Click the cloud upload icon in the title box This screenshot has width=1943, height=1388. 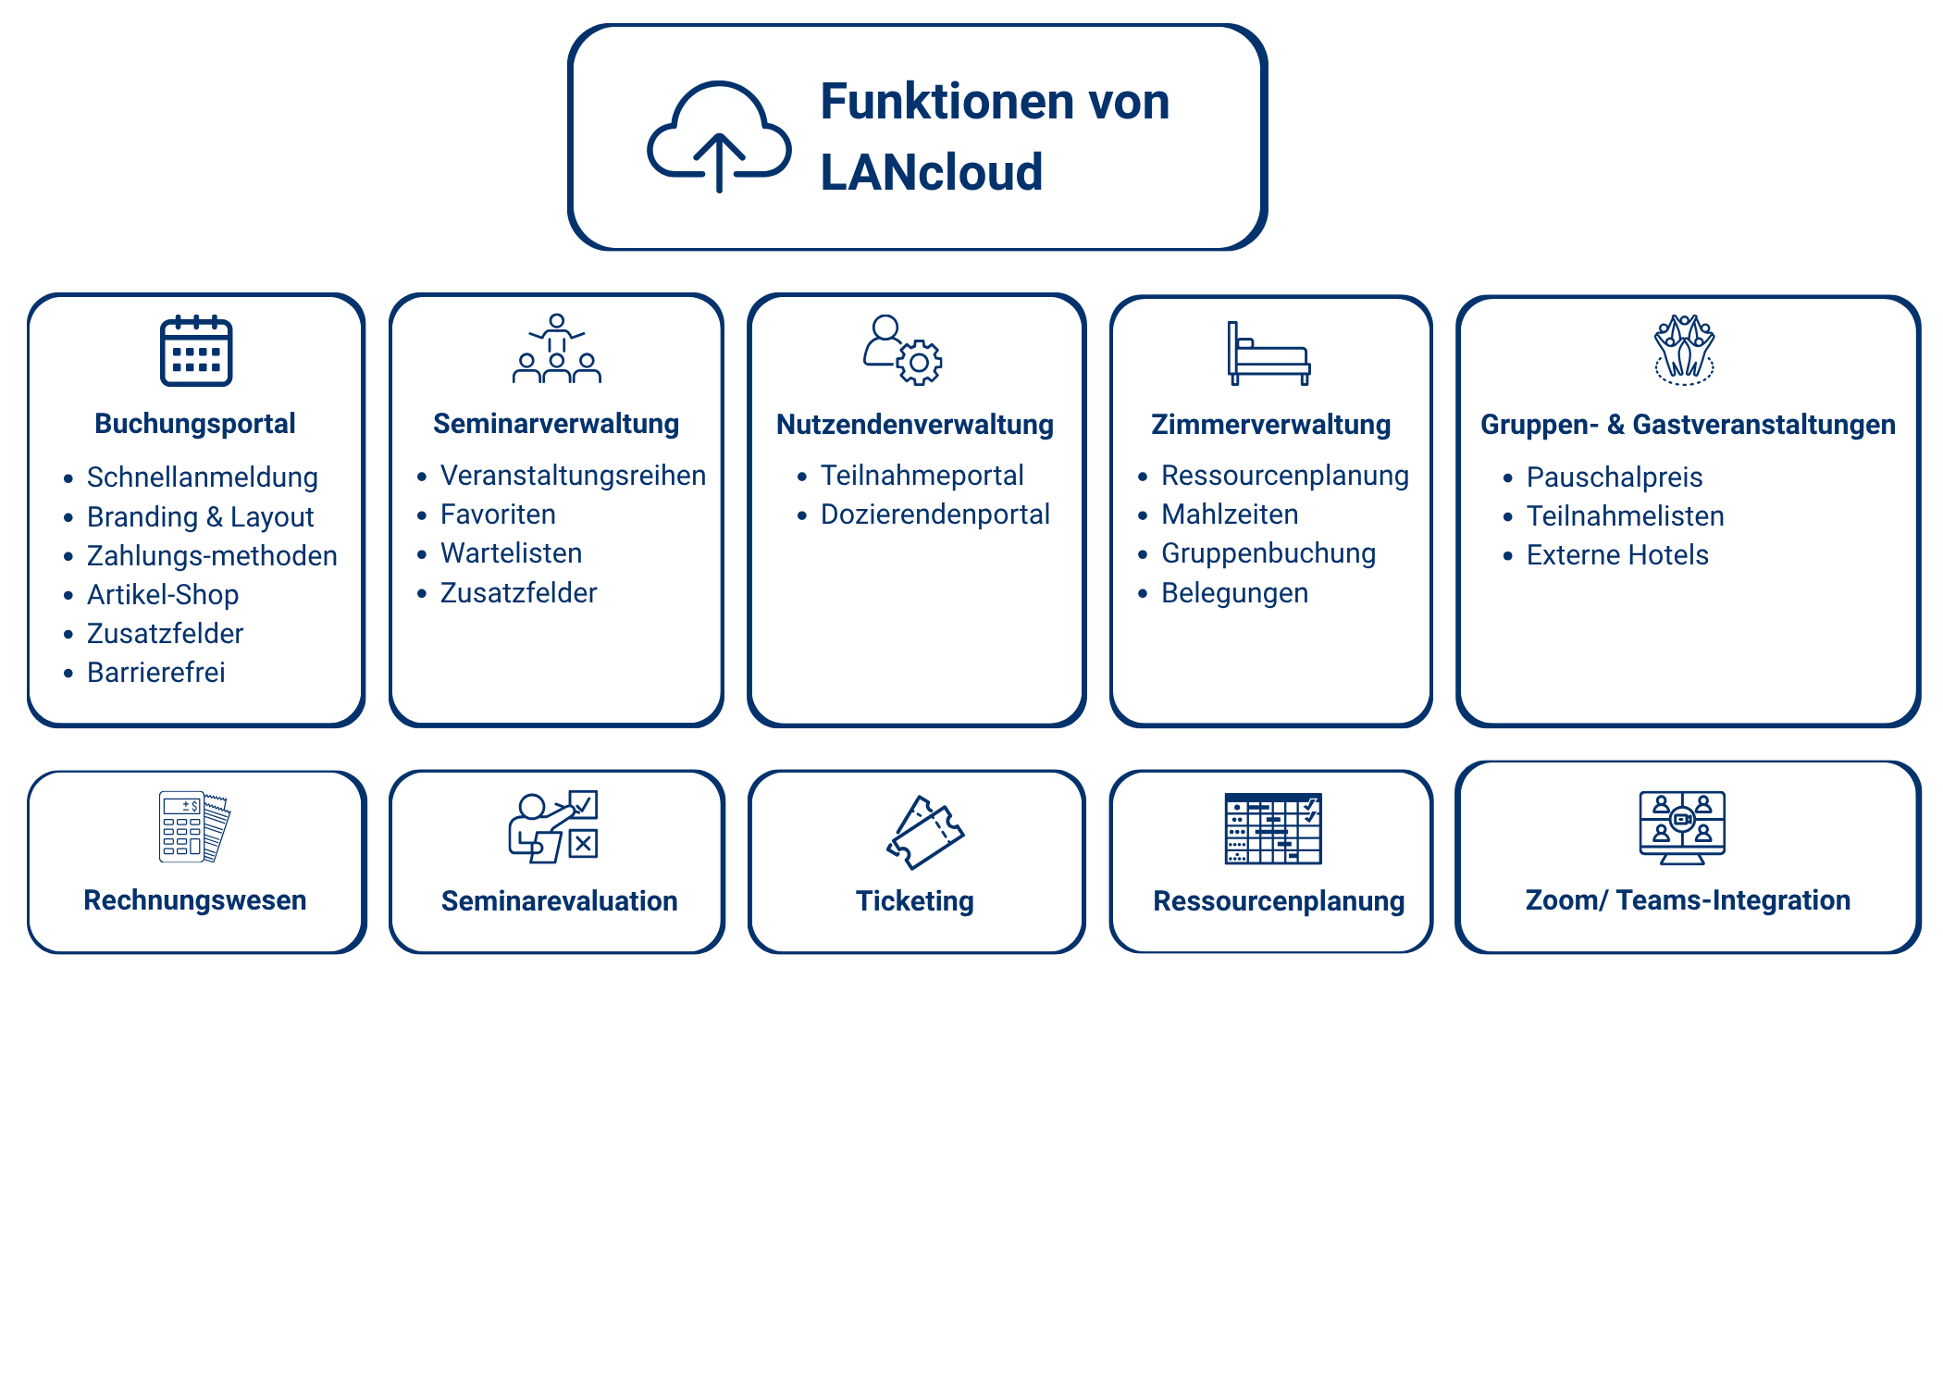pyautogui.click(x=719, y=137)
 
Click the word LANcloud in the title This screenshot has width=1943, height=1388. pyautogui.click(x=931, y=173)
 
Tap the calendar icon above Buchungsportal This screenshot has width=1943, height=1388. pyautogui.click(x=196, y=351)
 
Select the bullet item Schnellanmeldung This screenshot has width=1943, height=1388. pyautogui.click(x=202, y=477)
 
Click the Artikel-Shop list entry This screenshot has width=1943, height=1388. pyautogui.click(x=163, y=595)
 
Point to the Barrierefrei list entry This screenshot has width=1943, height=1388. pyautogui.click(x=155, y=673)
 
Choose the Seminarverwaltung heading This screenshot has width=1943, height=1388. pyautogui.click(x=556, y=424)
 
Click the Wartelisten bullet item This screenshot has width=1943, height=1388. pyautogui.click(x=511, y=553)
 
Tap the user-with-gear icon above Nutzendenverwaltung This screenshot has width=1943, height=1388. pyautogui.click(x=903, y=350)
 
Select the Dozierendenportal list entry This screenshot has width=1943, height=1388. pyautogui.click(x=934, y=514)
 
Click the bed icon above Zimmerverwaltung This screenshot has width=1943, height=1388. pyautogui.click(x=1269, y=353)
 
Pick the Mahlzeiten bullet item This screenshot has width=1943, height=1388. pyautogui.click(x=1230, y=514)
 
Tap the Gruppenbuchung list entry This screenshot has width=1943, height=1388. pyautogui.click(x=1269, y=553)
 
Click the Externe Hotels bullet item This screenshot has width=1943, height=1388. pyautogui.click(x=1617, y=555)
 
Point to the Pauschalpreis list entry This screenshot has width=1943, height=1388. pyautogui.click(x=1614, y=477)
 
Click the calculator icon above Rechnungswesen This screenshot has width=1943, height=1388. pyautogui.click(x=194, y=826)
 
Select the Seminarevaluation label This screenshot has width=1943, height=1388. pyautogui.click(x=559, y=901)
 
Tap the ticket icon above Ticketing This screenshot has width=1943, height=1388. pyautogui.click(x=924, y=832)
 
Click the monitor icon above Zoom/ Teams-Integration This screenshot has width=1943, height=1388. pyautogui.click(x=1682, y=827)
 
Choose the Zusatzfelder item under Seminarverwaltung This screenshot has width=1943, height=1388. pyautogui.click(x=518, y=593)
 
